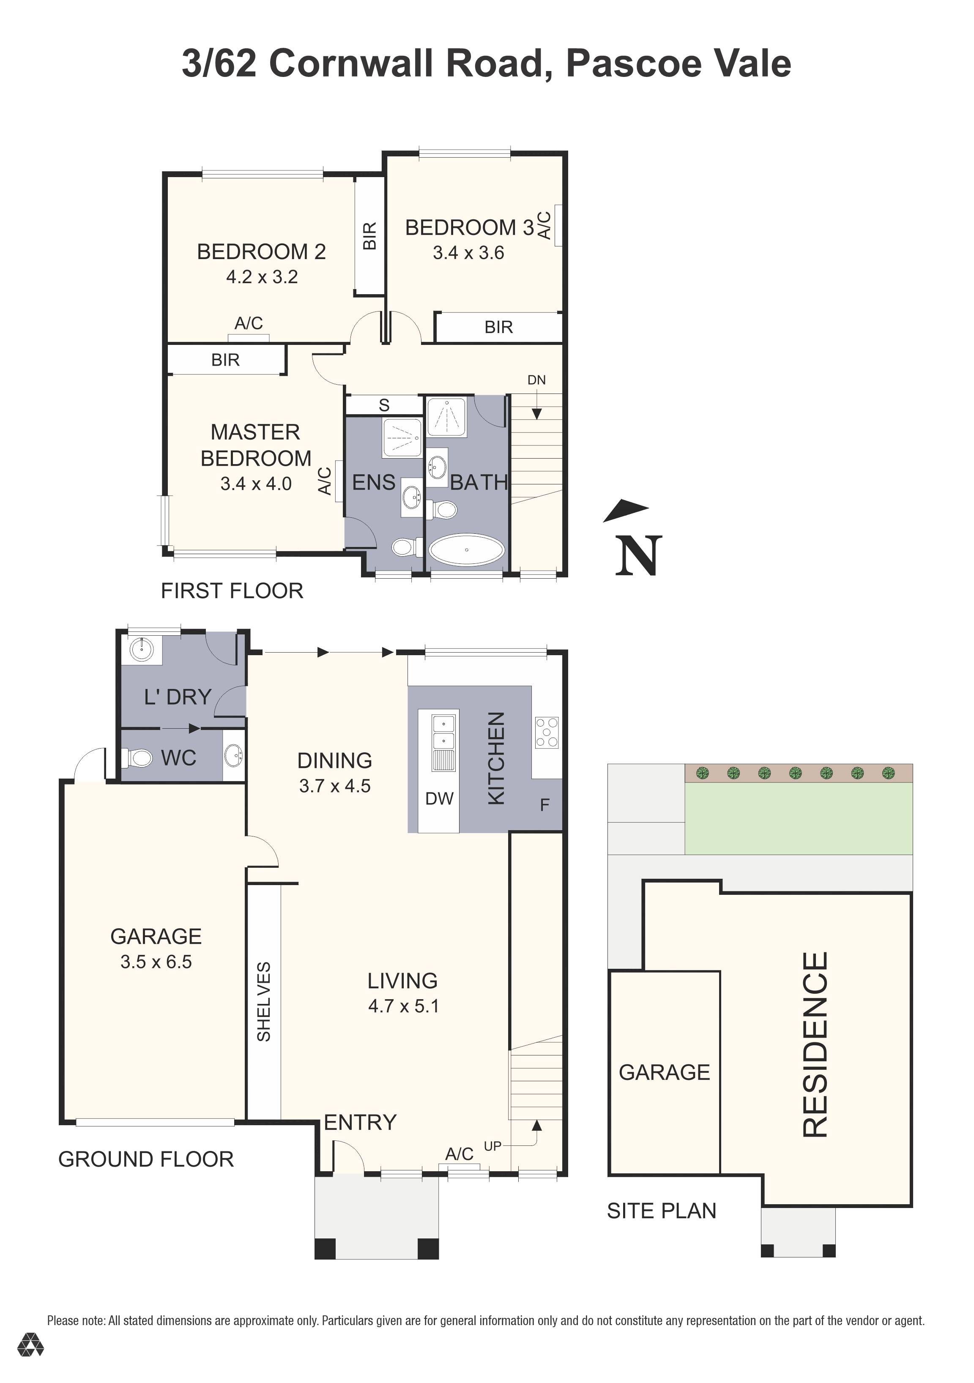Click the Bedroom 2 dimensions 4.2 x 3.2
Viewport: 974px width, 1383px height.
click(262, 277)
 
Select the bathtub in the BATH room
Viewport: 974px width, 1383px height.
click(466, 549)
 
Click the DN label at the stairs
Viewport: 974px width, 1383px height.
click(536, 380)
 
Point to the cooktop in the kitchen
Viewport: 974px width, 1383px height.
click(546, 732)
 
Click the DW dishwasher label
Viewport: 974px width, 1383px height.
click(439, 799)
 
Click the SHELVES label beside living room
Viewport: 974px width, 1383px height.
click(264, 1002)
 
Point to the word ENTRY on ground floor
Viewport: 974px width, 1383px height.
click(360, 1123)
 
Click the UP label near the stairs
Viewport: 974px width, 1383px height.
click(492, 1146)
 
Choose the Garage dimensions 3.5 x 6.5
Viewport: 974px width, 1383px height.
click(156, 962)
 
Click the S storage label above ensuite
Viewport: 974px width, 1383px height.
click(384, 405)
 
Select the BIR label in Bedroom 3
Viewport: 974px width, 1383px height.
click(498, 327)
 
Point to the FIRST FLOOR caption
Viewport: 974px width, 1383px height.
click(232, 591)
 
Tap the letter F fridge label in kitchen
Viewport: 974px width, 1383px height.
click(544, 805)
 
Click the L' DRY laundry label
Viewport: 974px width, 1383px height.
click(178, 697)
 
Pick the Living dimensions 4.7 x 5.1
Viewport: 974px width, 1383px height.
click(403, 1006)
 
